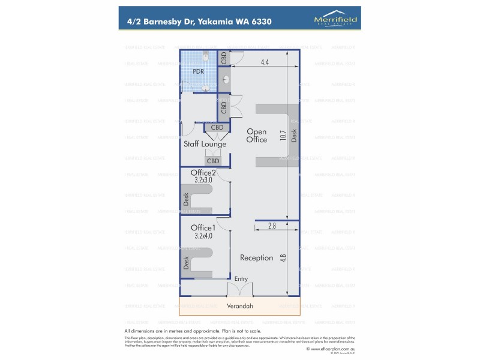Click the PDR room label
click(198, 71)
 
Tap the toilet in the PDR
click(206, 57)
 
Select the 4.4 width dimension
click(265, 62)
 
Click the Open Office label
click(257, 136)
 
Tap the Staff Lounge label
click(205, 144)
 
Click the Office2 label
click(203, 173)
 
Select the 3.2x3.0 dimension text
click(203, 180)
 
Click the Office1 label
click(203, 227)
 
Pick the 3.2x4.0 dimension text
click(203, 236)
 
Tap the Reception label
click(256, 257)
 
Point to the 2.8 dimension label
click(272, 226)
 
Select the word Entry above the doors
click(241, 278)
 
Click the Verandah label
click(239, 306)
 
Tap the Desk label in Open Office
click(294, 136)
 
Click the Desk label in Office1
click(186, 262)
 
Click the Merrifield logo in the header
click(335, 20)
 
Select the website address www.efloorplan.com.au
click(330, 348)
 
